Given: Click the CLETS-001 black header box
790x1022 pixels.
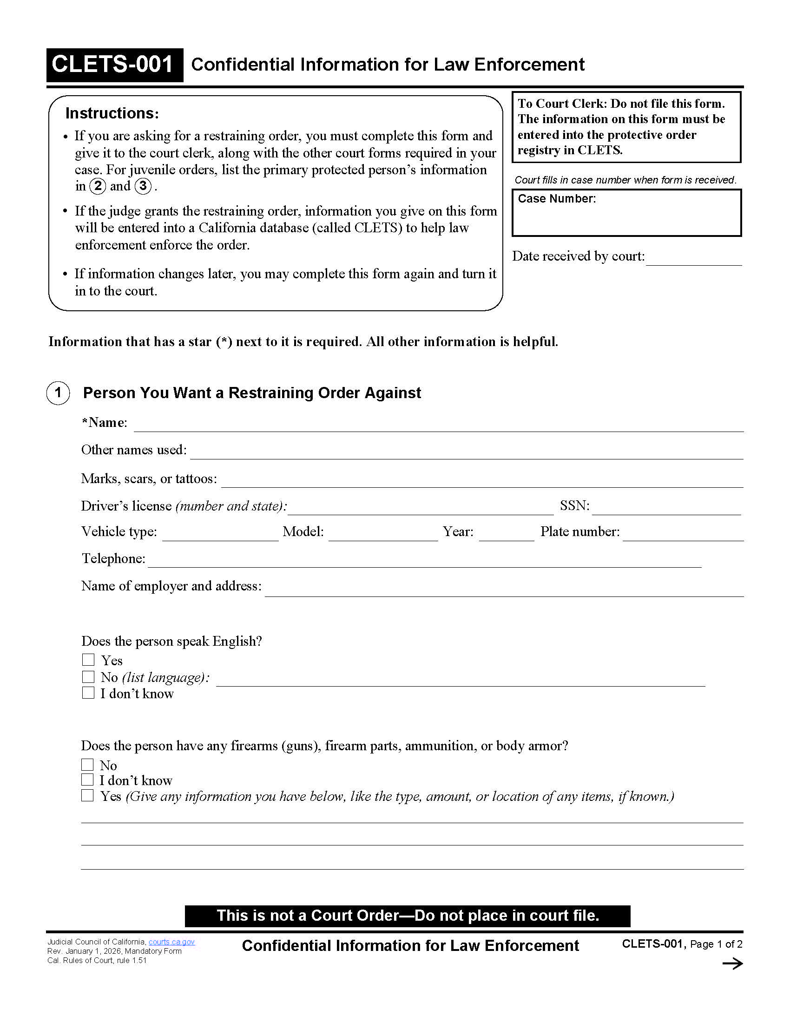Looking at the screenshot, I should (114, 65).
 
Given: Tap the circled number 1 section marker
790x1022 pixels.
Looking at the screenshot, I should (58, 393).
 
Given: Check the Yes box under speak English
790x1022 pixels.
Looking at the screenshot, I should (88, 660).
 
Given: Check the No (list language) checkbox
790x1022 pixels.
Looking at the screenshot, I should (88, 677).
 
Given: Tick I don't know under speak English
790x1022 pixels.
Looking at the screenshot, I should (88, 693).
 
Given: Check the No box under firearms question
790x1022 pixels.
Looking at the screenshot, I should (87, 765).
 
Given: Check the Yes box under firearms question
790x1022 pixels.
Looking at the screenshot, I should (87, 795).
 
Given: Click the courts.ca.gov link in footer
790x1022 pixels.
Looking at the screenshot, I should (171, 942).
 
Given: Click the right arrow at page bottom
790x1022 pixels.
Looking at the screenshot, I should (732, 963).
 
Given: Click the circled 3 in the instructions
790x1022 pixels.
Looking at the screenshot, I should (143, 186).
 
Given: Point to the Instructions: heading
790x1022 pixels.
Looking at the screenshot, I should (112, 113).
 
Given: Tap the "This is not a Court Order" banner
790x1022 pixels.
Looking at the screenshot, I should (407, 916).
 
